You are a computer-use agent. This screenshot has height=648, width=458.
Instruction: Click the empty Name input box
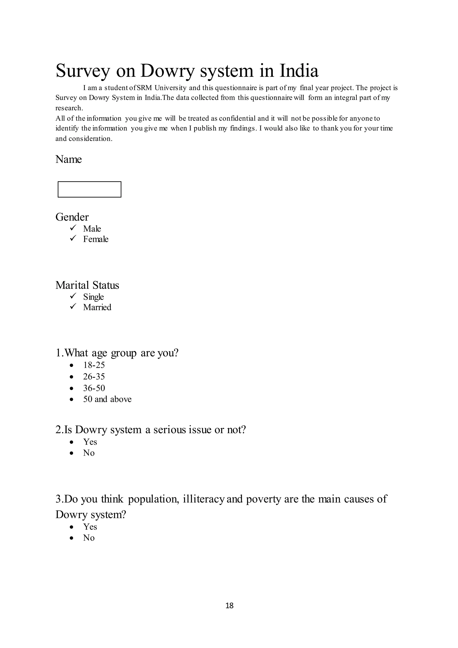tap(89, 189)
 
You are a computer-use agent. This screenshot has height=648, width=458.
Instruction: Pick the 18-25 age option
tap(94, 365)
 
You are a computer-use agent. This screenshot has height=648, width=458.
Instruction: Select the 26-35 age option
tap(94, 377)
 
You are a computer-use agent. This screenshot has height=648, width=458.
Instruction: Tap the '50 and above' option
tap(107, 399)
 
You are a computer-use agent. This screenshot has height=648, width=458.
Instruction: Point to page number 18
tap(229, 605)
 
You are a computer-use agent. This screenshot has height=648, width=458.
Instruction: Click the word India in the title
tap(299, 71)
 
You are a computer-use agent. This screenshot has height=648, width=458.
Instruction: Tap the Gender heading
tap(72, 217)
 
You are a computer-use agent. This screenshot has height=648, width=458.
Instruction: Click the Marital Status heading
tap(87, 285)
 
